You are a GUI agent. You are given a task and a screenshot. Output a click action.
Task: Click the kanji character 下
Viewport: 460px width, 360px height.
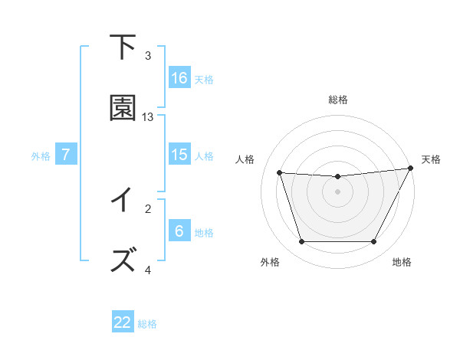123,47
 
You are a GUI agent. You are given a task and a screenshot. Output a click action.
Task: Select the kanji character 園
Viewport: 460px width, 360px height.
123,108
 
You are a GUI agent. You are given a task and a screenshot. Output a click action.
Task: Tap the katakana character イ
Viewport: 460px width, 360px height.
123,200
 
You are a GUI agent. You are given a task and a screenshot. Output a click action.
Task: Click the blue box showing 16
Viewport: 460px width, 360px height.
179,78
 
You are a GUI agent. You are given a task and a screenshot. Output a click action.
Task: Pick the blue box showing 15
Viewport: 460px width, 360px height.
179,154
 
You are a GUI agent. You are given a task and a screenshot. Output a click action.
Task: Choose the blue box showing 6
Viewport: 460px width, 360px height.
179,231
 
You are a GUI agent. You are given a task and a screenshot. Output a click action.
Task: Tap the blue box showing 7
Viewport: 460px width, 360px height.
66,155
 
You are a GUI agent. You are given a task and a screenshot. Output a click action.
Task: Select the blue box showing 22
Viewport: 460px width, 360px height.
123,322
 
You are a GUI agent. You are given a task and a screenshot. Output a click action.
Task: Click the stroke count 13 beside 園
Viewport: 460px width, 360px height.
148,117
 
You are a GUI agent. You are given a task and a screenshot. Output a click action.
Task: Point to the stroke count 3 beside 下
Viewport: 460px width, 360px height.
148,56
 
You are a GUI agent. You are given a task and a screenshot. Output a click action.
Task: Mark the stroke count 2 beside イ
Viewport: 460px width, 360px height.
148,208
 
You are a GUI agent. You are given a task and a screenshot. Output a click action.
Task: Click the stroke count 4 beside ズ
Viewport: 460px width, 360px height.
148,270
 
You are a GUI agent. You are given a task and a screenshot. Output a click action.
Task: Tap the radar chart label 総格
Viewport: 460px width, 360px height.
338,100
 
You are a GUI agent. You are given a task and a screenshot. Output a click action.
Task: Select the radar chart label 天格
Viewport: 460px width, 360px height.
431,159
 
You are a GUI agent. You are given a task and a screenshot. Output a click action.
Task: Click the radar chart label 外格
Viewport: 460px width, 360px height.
270,262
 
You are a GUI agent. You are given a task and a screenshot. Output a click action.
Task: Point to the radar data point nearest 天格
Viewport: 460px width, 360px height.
412,169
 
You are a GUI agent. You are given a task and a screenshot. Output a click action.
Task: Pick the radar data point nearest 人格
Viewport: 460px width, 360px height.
280,173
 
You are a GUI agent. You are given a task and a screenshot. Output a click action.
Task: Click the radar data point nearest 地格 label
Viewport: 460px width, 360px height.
374,242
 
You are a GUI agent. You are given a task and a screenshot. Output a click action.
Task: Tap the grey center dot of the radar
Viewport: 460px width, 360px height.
338,192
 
